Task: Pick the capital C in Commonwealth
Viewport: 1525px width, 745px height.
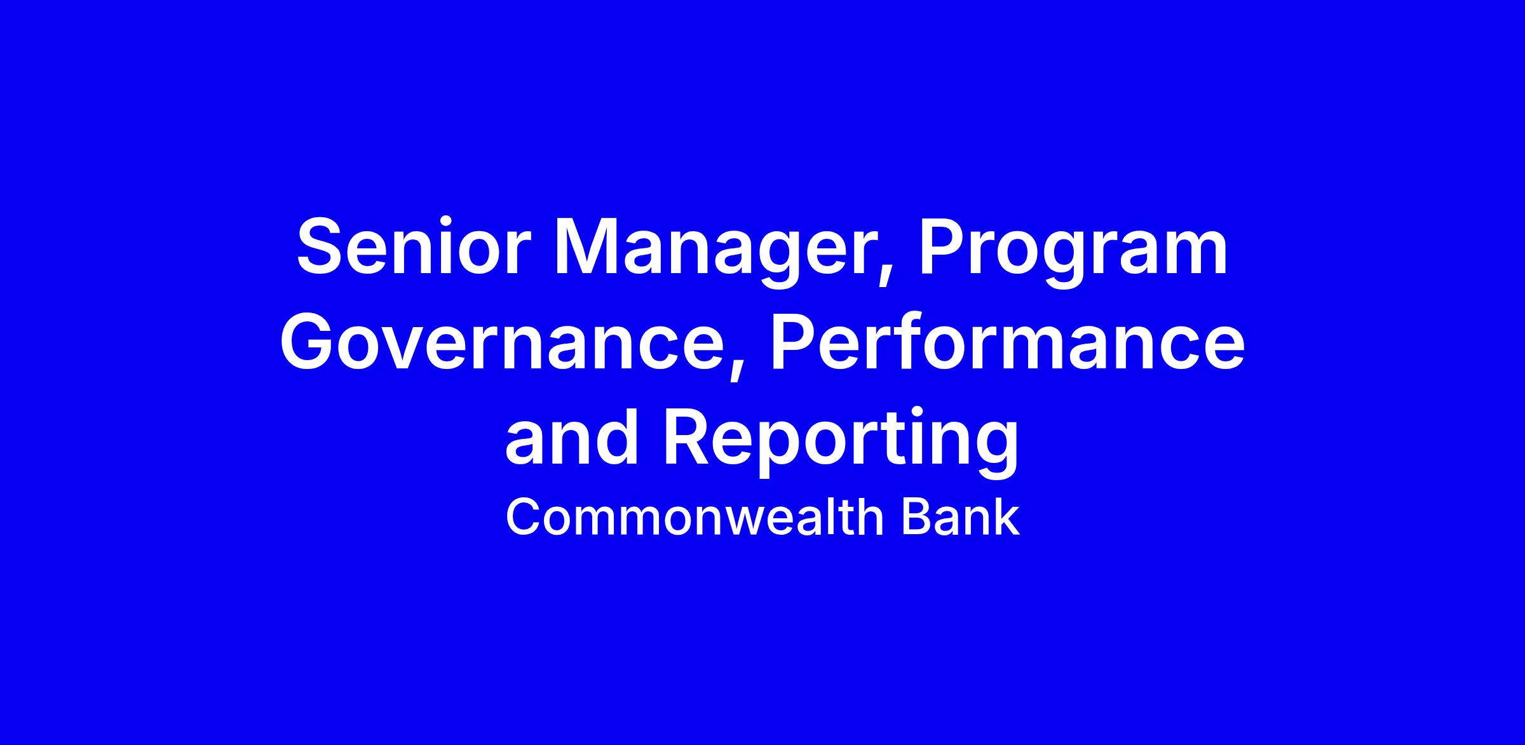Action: [x=524, y=518]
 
